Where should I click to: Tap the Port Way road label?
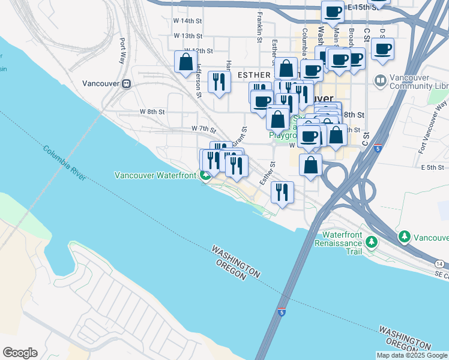coord(122,51)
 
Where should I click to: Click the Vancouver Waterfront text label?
coord(157,175)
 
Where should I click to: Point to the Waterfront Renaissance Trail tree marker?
coord(372,242)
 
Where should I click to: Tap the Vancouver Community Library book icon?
coord(379,80)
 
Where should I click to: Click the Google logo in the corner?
coord(20,353)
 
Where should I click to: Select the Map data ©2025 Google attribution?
coord(411,355)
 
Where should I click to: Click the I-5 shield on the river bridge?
coord(282,312)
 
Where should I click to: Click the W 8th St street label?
coord(152,112)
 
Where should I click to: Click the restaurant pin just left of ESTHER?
coord(219,81)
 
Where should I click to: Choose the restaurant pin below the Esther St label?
coord(282,192)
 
